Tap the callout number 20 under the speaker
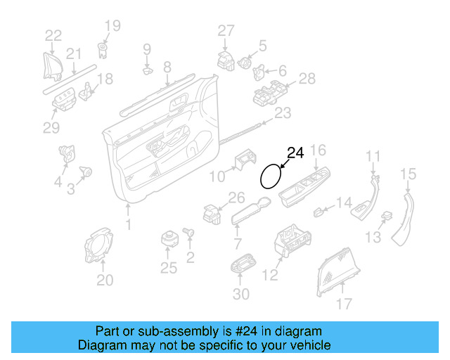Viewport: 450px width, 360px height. tap(104, 281)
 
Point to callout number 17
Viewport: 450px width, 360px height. tap(344, 305)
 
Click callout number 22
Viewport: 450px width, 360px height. tap(53, 35)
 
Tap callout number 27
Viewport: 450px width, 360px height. tap(225, 30)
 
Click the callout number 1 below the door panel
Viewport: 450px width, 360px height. tap(128, 224)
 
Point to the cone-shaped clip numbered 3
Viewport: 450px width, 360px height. tap(87, 171)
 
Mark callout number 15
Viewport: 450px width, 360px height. tap(409, 173)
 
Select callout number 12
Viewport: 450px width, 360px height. tap(271, 276)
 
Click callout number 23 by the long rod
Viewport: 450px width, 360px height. tap(282, 112)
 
